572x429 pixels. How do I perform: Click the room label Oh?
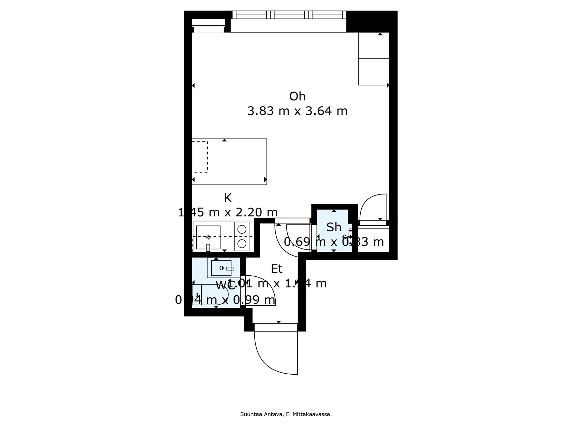[x=297, y=96]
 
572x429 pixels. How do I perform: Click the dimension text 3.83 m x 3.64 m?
[x=297, y=111]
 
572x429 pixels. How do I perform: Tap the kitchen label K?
[x=227, y=198]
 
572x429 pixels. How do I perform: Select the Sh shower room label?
[x=334, y=227]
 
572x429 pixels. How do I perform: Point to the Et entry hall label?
[x=276, y=269]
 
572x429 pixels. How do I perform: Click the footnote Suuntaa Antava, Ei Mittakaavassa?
[x=286, y=414]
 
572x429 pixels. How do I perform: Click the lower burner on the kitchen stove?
[x=242, y=243]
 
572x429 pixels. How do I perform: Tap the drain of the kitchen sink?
[x=208, y=237]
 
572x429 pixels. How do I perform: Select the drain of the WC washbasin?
[x=222, y=268]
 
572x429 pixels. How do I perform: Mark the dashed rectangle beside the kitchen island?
[x=200, y=157]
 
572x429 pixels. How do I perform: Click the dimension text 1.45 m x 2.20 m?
[x=228, y=212]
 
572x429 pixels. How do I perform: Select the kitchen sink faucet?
[x=208, y=247]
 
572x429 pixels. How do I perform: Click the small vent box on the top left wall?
[x=208, y=23]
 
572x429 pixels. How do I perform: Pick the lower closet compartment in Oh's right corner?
[x=374, y=71]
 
